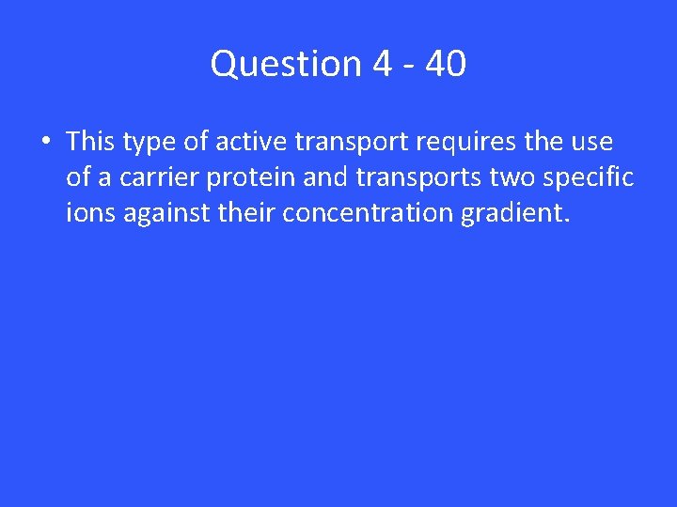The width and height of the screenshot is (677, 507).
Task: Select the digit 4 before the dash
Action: click(382, 64)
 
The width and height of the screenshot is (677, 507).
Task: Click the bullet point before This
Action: click(45, 143)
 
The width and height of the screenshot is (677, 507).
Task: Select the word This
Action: click(90, 142)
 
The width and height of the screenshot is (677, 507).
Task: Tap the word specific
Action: click(590, 178)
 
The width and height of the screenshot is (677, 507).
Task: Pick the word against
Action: click(165, 214)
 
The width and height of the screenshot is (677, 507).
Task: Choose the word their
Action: click(246, 213)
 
